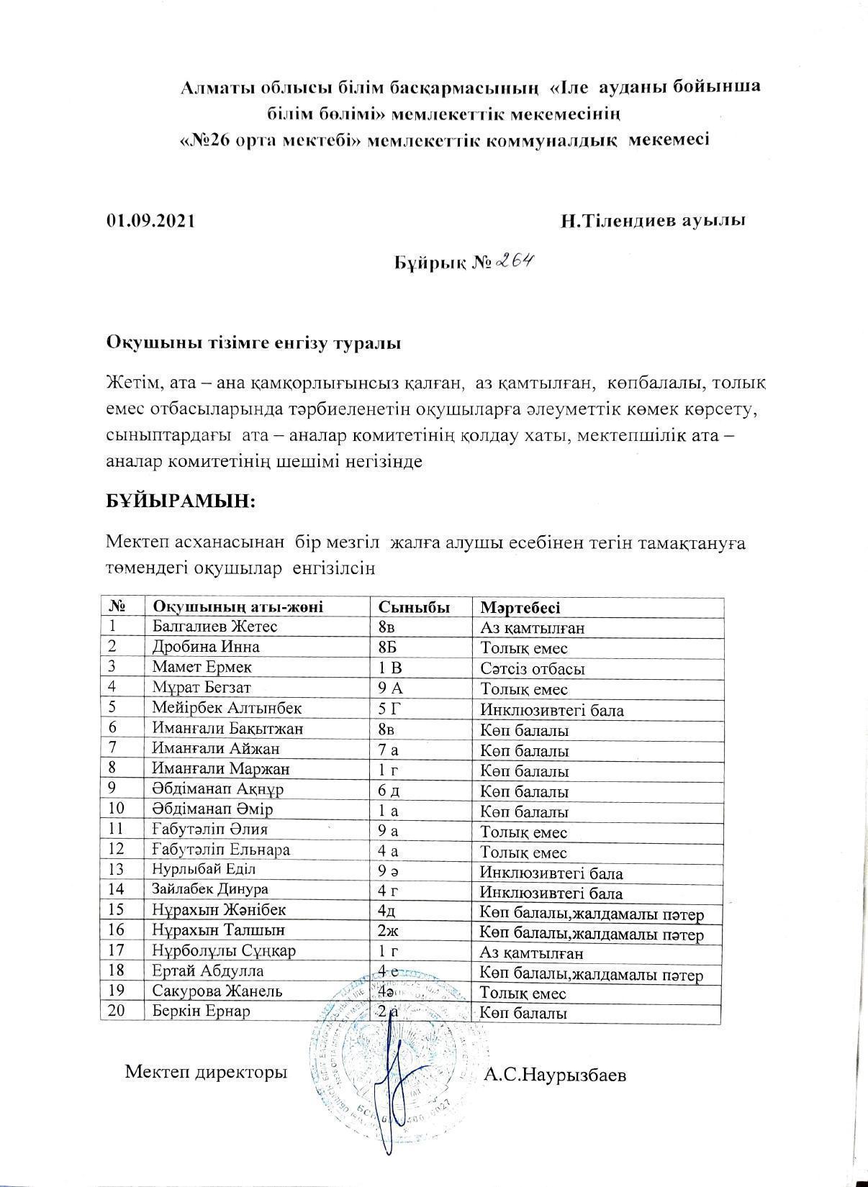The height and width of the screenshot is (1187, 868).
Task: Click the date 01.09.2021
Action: click(150, 221)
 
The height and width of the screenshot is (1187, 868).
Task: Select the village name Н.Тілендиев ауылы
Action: click(652, 220)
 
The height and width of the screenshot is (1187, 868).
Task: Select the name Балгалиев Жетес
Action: click(214, 627)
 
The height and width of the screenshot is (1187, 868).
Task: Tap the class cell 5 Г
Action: click(388, 709)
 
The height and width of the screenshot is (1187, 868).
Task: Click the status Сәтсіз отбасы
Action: click(533, 668)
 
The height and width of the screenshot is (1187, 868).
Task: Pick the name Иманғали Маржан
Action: click(220, 769)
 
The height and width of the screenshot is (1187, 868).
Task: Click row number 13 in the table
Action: click(117, 869)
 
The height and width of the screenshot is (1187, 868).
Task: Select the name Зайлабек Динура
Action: click(210, 889)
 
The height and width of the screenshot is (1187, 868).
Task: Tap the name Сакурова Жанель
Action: click(217, 991)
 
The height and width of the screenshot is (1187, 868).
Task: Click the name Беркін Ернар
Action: click(201, 1011)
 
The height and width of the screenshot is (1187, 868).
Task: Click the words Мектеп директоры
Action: click(206, 1072)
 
